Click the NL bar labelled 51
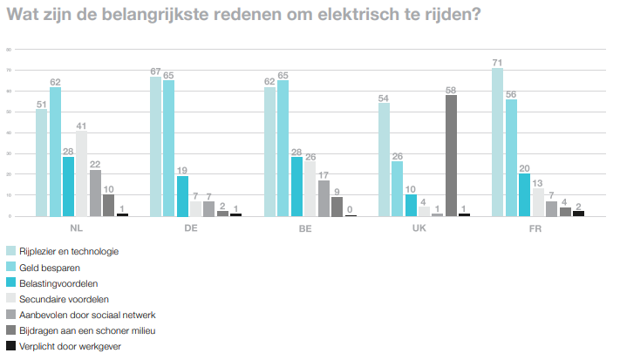click(41, 163)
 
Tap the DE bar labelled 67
click(155, 146)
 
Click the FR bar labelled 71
click(497, 142)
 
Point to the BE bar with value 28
click(296, 187)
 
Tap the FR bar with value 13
click(538, 202)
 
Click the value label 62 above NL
click(55, 82)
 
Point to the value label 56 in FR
click(511, 94)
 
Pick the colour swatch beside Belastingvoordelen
click(10, 282)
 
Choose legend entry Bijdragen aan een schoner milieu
click(78, 330)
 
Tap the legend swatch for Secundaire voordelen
click(10, 298)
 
